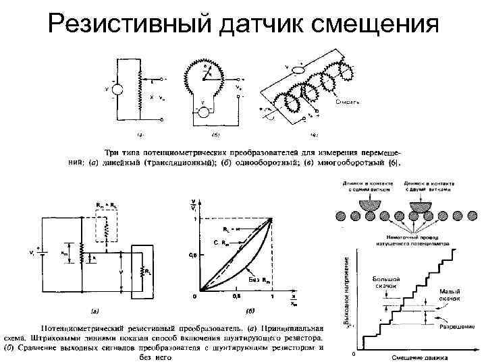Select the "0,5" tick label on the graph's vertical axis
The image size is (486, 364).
pos(192,255)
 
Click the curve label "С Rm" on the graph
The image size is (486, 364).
pos(219,241)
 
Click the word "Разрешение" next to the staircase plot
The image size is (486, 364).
pos(456,326)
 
